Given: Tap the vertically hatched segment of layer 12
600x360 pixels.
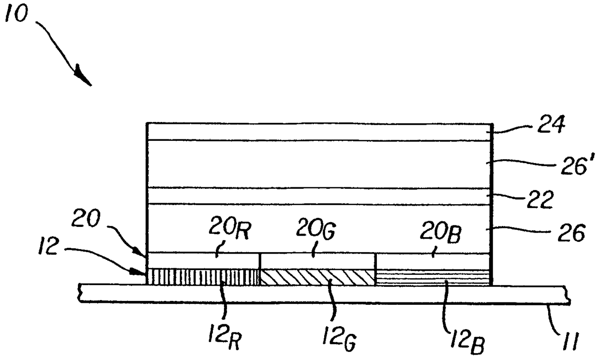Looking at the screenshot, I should pos(203,277).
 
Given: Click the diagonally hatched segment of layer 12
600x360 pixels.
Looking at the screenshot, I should pos(318,277).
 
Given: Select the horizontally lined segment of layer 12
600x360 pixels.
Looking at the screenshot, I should pos(434,277).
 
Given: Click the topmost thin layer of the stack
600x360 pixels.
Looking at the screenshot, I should pos(319,132).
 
